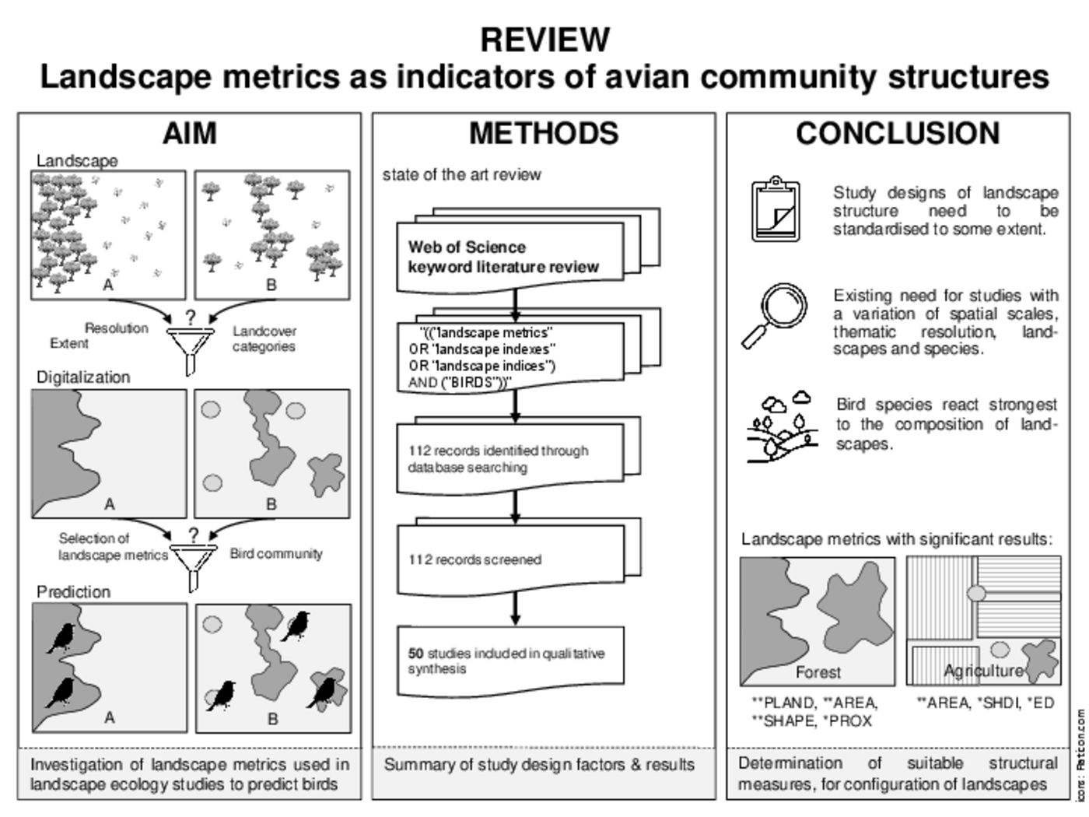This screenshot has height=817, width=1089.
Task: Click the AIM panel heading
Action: click(x=189, y=134)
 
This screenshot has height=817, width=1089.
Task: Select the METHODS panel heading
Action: click(x=543, y=134)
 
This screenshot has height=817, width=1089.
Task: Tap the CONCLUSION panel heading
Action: click(x=898, y=134)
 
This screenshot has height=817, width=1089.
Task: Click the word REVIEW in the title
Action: click(x=544, y=40)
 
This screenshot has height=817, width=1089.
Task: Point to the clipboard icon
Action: click(x=776, y=209)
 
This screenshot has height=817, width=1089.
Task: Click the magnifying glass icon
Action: click(x=774, y=314)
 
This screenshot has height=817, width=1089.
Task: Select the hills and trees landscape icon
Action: click(x=782, y=427)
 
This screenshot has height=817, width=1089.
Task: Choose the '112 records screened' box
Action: click(x=509, y=559)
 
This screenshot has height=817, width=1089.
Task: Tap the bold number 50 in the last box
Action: click(x=416, y=654)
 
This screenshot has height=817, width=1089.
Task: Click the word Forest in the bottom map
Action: click(x=818, y=671)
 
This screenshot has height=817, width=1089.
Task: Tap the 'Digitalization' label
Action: click(x=83, y=377)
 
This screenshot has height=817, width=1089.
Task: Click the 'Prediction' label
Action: click(x=73, y=592)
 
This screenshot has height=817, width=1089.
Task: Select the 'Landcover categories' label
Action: click(x=264, y=339)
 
